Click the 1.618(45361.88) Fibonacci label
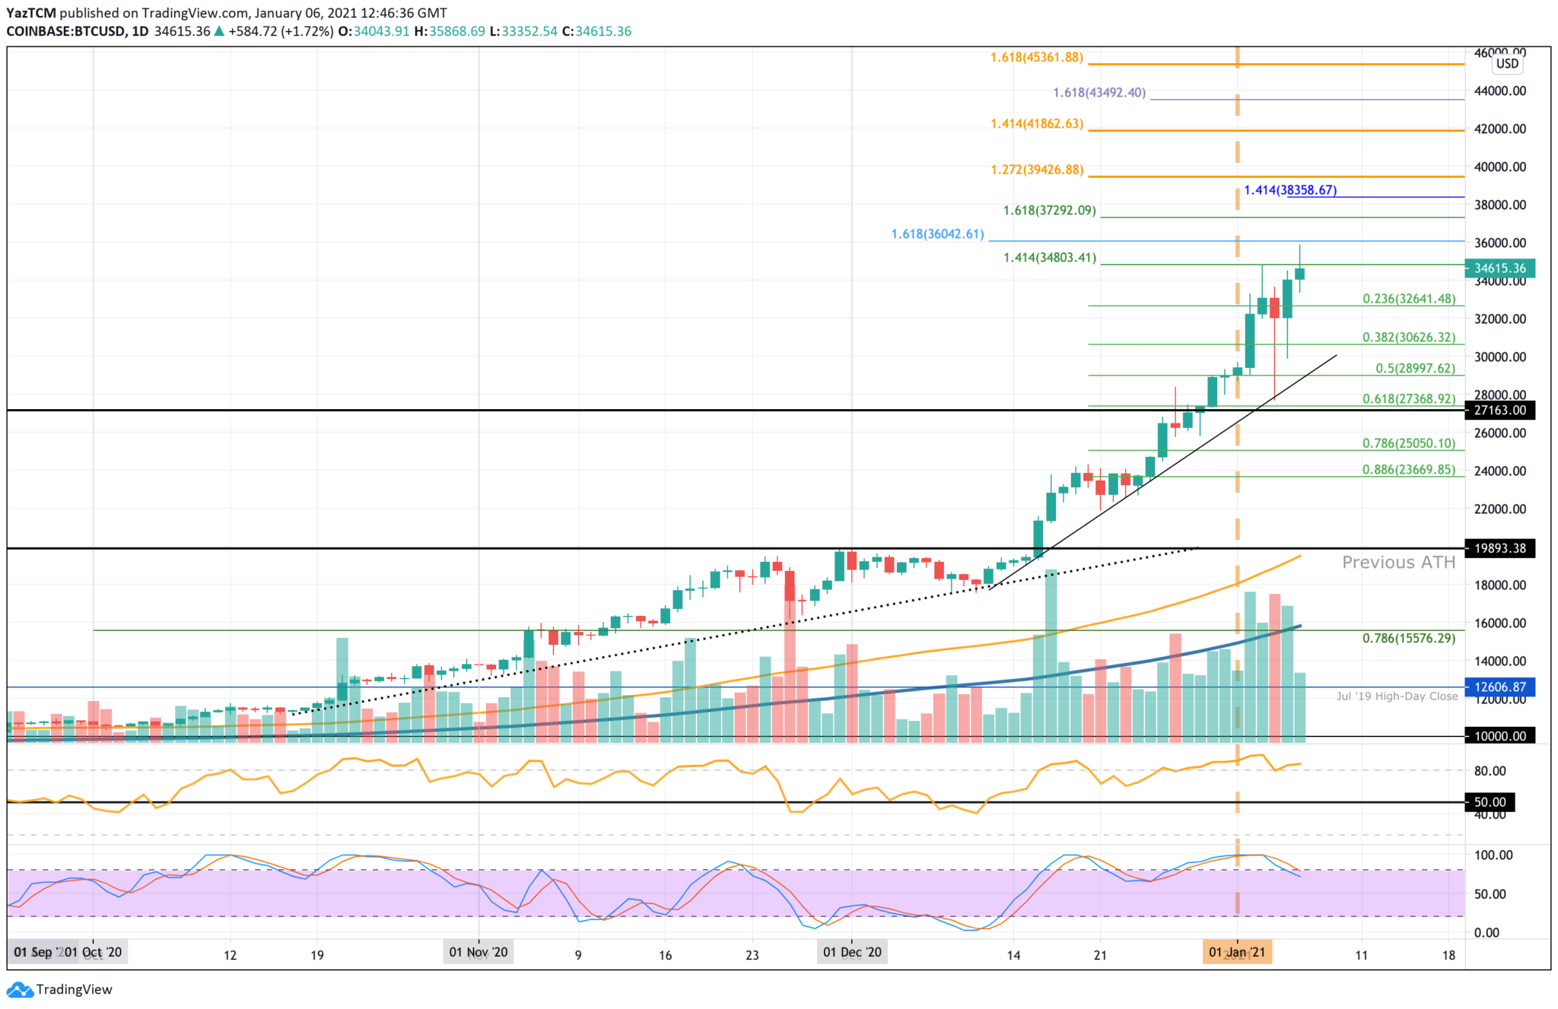point(1036,58)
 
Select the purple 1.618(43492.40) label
point(1099,93)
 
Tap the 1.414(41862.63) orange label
point(1036,124)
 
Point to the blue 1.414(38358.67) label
point(1290,190)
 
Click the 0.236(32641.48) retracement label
point(1408,299)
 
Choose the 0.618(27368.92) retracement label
point(1408,398)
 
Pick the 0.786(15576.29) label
point(1408,638)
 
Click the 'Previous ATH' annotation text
point(1398,563)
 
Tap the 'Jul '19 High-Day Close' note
point(1397,696)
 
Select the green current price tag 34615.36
point(1499,268)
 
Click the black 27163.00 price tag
point(1499,411)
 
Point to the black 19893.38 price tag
point(1499,548)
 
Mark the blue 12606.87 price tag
point(1499,687)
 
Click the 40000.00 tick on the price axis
point(1499,167)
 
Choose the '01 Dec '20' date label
point(852,952)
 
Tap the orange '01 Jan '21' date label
point(1237,952)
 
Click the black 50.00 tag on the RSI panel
point(1490,802)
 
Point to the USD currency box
point(1507,64)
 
